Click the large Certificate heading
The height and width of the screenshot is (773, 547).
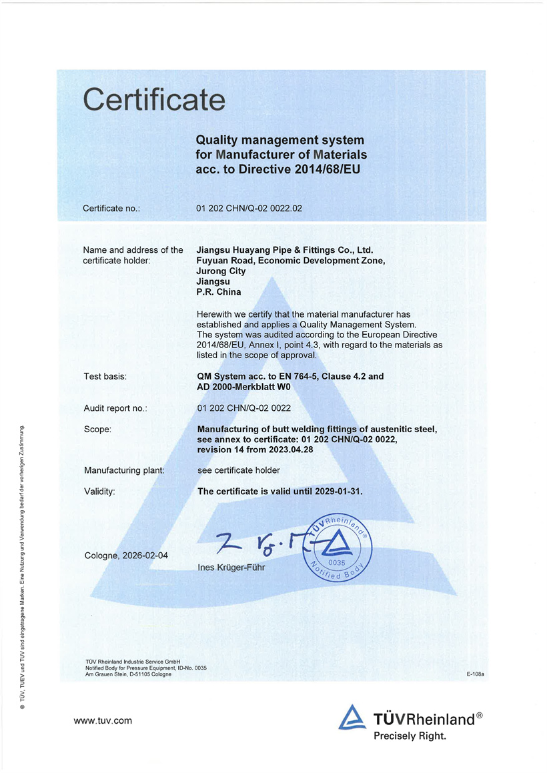(x=154, y=100)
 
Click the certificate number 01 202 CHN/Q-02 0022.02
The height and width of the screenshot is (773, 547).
(x=249, y=208)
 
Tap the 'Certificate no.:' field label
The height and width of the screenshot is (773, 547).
(x=111, y=208)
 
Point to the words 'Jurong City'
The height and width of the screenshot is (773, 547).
(x=221, y=271)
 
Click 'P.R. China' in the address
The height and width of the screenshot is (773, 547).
(x=219, y=292)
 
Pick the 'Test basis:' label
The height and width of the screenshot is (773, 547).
(x=105, y=376)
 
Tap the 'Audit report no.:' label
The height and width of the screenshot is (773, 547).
(x=115, y=408)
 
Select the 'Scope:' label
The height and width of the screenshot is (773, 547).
(x=98, y=430)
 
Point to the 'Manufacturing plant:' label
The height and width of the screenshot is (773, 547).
(x=124, y=470)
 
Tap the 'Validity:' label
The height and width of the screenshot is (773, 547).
(x=100, y=492)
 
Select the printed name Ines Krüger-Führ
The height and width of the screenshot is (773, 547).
(x=231, y=568)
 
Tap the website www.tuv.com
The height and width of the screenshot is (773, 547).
(x=103, y=720)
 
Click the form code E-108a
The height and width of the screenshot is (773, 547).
(x=474, y=674)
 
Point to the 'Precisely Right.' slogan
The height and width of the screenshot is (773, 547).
(x=409, y=736)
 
